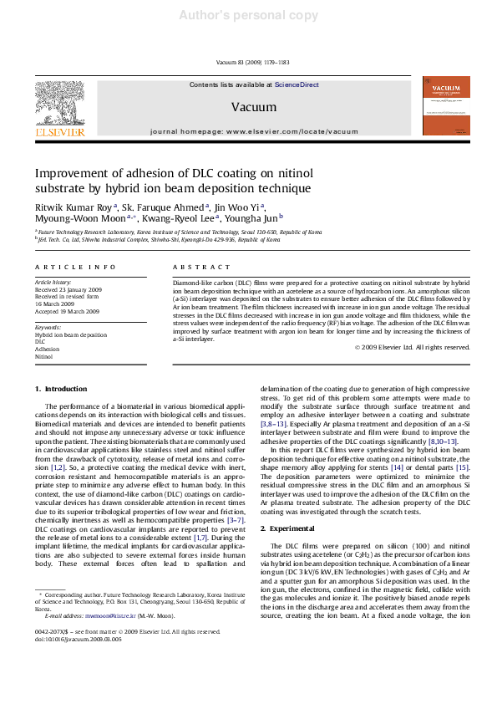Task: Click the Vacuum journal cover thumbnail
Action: click(x=445, y=105)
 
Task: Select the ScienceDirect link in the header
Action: click(x=297, y=84)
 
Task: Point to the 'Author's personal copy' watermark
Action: click(x=249, y=15)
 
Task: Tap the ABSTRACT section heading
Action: click(x=201, y=267)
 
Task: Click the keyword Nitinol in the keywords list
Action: click(x=43, y=356)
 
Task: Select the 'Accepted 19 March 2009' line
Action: click(x=67, y=311)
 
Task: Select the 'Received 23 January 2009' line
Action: click(x=68, y=289)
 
